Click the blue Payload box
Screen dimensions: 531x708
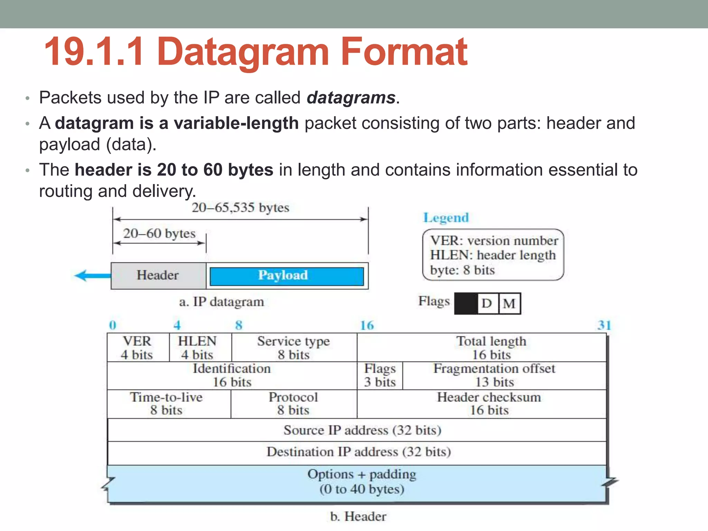tap(287, 276)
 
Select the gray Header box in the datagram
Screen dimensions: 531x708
tap(158, 276)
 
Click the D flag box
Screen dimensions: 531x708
tap(487, 304)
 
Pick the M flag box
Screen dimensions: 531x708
tap(510, 304)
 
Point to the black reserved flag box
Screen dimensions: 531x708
tap(466, 304)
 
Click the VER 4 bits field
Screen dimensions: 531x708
tap(137, 348)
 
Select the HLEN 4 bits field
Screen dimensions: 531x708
tap(197, 348)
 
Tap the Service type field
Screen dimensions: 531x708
tap(294, 348)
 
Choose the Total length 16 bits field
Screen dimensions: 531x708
tap(491, 348)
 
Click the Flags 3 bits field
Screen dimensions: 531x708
tap(380, 375)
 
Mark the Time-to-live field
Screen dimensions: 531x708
tap(166, 404)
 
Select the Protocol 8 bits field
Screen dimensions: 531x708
tap(294, 404)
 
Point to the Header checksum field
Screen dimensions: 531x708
tap(489, 404)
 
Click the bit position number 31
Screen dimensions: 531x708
tap(604, 325)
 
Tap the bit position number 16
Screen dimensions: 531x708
tap(367, 325)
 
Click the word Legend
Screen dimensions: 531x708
tap(446, 218)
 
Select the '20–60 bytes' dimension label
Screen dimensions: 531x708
tap(159, 234)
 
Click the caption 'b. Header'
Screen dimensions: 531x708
tap(358, 516)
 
